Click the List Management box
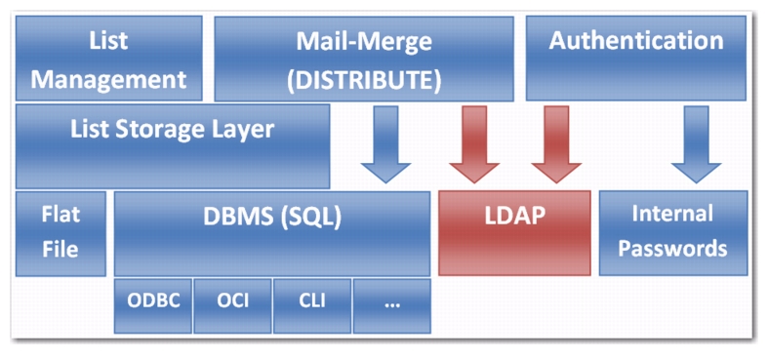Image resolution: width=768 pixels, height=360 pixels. (x=108, y=59)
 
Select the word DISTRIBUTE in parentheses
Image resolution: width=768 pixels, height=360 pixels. (x=364, y=79)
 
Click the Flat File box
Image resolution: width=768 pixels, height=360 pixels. (x=61, y=232)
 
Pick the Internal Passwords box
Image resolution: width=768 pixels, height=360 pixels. (x=672, y=232)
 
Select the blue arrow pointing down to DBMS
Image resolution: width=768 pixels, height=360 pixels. (x=385, y=144)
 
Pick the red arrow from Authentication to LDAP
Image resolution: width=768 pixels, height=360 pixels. (x=556, y=144)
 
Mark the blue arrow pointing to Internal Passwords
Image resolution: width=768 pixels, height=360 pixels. (x=697, y=144)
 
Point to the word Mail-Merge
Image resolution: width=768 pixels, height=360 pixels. (x=364, y=42)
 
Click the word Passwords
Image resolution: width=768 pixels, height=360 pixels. (x=672, y=248)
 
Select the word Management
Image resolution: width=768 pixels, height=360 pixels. (x=108, y=78)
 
